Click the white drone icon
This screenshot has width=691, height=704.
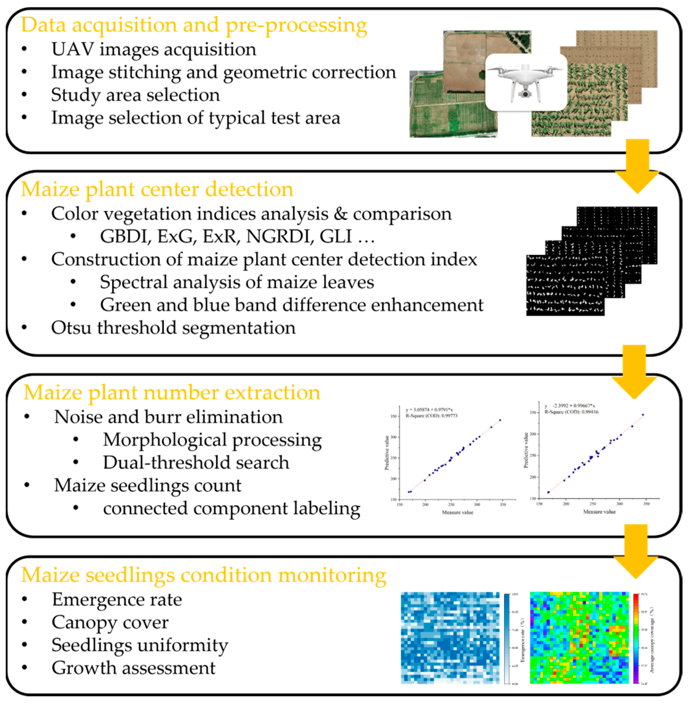click(x=526, y=82)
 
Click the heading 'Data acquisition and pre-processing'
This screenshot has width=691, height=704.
click(x=194, y=25)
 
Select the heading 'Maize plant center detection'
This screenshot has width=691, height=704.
click(x=157, y=189)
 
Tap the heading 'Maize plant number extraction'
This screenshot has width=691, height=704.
click(x=172, y=393)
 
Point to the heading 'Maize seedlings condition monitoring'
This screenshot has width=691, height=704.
click(x=204, y=575)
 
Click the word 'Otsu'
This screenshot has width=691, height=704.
click(x=71, y=328)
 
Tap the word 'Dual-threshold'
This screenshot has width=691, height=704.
click(x=158, y=462)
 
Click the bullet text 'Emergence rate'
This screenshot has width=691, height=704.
click(x=117, y=600)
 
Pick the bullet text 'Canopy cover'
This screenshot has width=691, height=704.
click(x=110, y=622)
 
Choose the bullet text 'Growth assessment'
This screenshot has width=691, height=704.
click(x=133, y=668)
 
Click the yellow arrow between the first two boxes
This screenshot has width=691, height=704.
click(x=637, y=167)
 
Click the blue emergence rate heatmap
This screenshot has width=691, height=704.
click(x=450, y=638)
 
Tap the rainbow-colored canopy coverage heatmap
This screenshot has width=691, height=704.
click(x=579, y=638)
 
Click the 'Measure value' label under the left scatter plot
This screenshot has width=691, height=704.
click(x=457, y=513)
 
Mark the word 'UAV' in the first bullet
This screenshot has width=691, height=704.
click(x=73, y=49)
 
